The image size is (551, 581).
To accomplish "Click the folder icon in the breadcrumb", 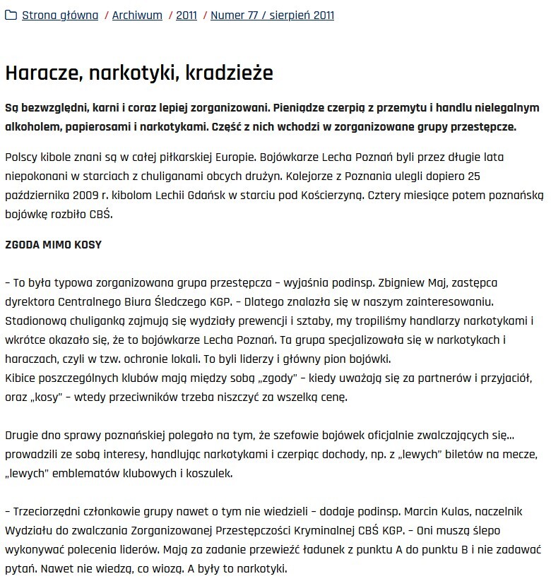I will coord(11,15).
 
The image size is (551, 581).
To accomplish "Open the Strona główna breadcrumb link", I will coord(60,15).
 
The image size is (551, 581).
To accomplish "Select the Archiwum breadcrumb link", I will coord(137,15).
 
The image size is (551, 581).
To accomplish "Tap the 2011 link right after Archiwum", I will coord(186,15).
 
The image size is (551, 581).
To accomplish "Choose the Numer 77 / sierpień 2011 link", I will coord(273,15).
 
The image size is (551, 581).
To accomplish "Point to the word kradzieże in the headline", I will coord(232,73).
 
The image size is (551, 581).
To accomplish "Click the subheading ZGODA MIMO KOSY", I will coord(53,245).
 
